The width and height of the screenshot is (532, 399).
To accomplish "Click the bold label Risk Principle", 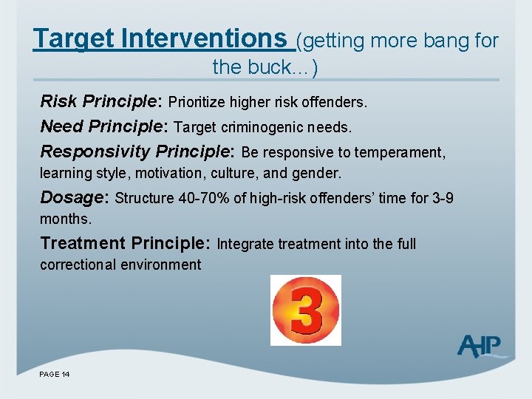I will pyautogui.click(x=102, y=100).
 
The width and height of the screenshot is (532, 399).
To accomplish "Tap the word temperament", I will pyautogui.click(x=400, y=153).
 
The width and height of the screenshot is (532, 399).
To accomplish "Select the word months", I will pyautogui.click(x=65, y=219).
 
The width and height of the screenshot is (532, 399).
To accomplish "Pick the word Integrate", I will pyautogui.click(x=247, y=244).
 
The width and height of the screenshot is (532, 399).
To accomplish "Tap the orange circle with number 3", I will pyautogui.click(x=306, y=310).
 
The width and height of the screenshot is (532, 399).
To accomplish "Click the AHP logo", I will pyautogui.click(x=480, y=346).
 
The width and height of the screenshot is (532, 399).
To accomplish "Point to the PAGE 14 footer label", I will pyautogui.click(x=55, y=375).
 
